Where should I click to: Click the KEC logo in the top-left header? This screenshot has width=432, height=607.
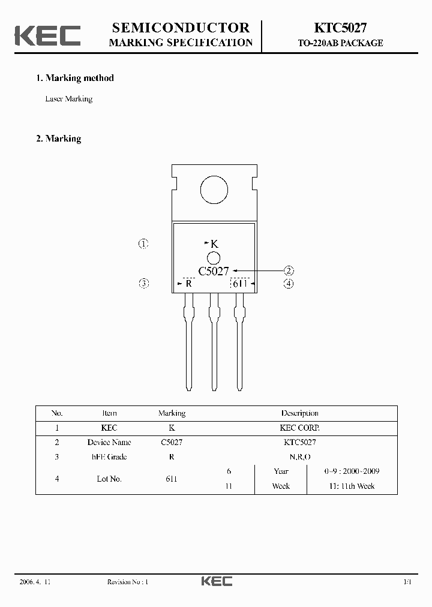tap(47, 35)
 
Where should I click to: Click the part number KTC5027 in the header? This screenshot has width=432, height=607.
tap(340, 28)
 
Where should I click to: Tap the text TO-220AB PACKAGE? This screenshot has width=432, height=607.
tap(340, 43)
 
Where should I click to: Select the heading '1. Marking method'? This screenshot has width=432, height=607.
tap(75, 78)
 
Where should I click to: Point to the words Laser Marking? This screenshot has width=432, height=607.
tap(68, 99)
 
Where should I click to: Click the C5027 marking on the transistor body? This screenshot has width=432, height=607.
tap(214, 271)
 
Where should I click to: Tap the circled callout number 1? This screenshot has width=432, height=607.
tap(143, 244)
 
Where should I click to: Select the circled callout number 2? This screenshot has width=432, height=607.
tap(289, 271)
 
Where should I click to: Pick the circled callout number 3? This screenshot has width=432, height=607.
tap(143, 284)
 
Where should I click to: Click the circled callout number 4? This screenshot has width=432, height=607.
tap(289, 284)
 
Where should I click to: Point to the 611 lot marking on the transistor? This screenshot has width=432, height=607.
tap(240, 284)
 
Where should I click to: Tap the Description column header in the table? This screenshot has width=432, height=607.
tap(299, 413)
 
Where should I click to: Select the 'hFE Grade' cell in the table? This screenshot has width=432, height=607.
tap(109, 457)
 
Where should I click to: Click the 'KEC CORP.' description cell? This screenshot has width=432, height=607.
tap(299, 428)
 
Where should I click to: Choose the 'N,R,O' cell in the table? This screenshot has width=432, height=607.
tap(299, 457)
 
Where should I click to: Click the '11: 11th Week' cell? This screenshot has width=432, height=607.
tap(351, 486)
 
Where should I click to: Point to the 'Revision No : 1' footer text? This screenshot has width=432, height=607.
tap(127, 582)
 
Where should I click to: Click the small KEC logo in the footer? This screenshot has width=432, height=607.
tap(216, 581)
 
